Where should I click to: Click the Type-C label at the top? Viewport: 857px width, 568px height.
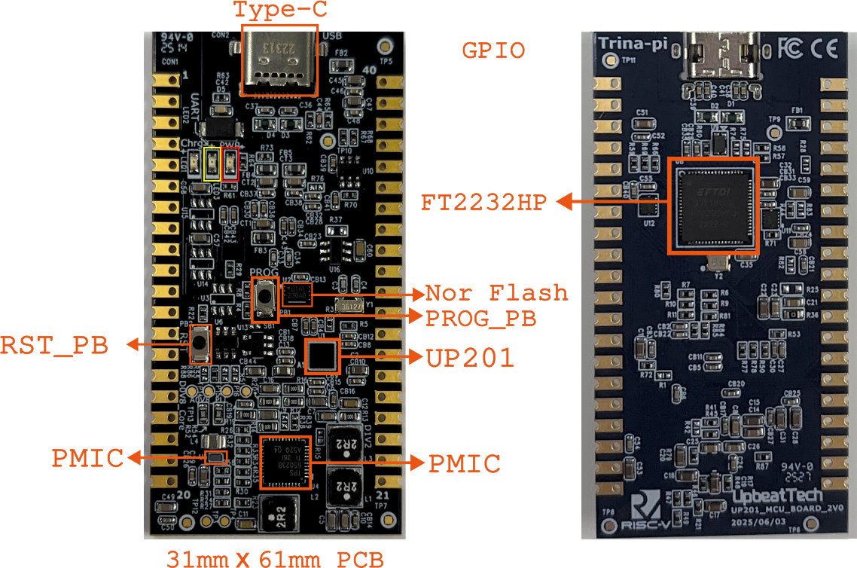point(279,11)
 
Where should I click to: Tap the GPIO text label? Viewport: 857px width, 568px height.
point(493,51)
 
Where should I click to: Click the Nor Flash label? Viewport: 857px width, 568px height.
point(497,293)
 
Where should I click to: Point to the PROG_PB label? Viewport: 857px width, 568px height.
point(480,318)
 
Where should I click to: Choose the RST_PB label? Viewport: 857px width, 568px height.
point(53,346)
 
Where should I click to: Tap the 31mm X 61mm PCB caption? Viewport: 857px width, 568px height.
point(275,559)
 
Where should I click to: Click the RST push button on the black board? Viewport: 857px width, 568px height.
point(200,343)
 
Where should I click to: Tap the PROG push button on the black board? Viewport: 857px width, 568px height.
point(265,299)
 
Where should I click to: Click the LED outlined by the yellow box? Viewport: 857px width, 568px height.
point(212,163)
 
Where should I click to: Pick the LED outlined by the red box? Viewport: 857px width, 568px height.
point(230,163)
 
